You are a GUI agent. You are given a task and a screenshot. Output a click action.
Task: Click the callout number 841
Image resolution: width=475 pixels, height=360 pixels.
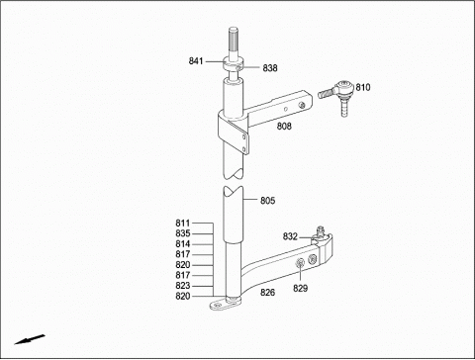tap(196, 61)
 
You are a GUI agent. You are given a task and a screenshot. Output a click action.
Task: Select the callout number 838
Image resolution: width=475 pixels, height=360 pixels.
tap(270, 68)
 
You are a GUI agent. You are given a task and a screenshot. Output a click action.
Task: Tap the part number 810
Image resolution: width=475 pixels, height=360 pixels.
tap(363, 87)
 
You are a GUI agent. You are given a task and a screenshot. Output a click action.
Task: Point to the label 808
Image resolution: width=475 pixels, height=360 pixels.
tap(284, 126)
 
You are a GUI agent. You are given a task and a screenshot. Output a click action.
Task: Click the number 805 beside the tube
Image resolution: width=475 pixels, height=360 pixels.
tap(267, 201)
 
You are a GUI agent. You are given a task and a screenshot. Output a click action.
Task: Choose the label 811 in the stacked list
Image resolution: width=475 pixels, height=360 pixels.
tap(183, 224)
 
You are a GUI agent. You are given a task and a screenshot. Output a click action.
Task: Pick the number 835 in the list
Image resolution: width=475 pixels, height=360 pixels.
tap(183, 233)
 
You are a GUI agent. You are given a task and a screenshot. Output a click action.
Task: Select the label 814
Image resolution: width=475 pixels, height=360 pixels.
tap(183, 244)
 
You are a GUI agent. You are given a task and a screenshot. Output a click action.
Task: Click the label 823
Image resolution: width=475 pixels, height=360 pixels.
tap(183, 286)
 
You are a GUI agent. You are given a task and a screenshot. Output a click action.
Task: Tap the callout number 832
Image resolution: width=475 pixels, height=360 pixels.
tap(290, 236)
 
